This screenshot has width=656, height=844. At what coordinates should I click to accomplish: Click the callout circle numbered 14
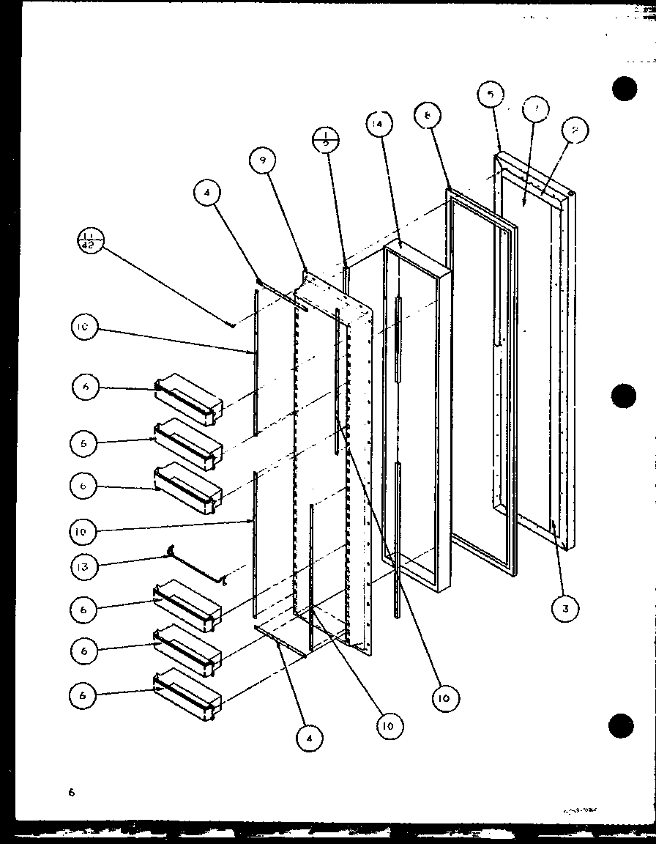(379, 125)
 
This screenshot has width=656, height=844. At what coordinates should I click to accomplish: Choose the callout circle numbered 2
(575, 130)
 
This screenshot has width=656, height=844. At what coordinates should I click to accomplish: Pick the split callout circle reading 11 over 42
(92, 240)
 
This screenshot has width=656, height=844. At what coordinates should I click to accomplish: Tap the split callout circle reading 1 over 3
(324, 138)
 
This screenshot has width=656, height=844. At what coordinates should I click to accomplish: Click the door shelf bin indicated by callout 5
(187, 443)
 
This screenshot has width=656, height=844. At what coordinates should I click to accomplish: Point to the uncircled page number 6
(72, 791)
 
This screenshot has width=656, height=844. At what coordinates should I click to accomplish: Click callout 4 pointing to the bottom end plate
(310, 738)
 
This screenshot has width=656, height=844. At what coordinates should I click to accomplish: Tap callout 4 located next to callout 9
(208, 193)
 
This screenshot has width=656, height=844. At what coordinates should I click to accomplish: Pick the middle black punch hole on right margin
(623, 396)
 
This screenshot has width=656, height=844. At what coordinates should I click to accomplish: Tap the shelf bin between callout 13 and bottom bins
(187, 604)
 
